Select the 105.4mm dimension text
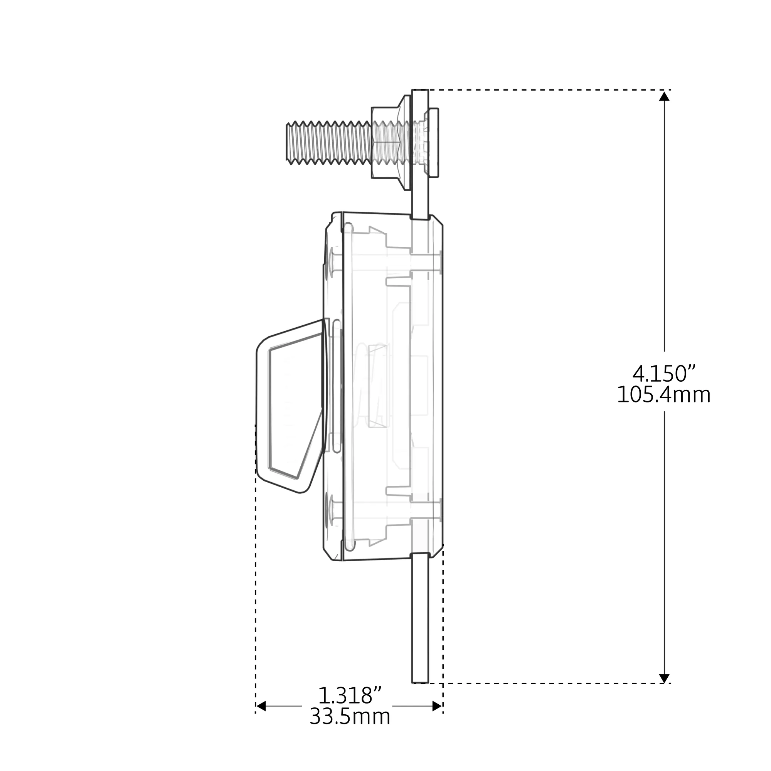click(x=664, y=396)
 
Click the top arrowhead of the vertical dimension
click(x=665, y=96)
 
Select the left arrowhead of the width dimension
click(x=261, y=706)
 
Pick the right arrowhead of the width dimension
click(x=438, y=706)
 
